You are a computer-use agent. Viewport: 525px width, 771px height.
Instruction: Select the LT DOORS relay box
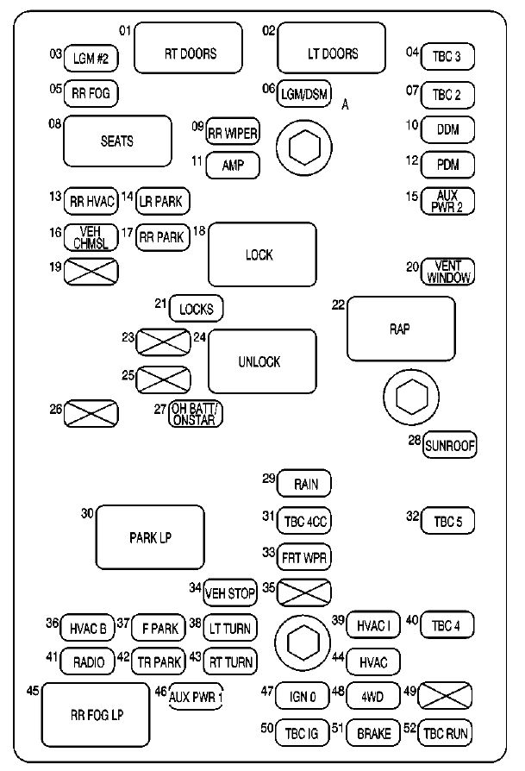pos(331,53)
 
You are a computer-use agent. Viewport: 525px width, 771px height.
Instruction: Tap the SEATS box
pos(116,141)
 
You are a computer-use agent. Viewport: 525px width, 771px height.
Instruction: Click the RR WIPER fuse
pos(233,133)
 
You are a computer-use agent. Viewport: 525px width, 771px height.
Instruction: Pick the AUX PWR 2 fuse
pos(447,201)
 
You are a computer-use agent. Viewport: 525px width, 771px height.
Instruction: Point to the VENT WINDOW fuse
pos(447,271)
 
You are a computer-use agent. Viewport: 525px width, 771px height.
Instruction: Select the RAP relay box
pos(401,329)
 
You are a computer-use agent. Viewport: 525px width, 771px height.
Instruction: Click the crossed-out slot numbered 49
pos(447,693)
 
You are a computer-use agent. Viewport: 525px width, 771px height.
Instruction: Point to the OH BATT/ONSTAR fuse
pos(195,414)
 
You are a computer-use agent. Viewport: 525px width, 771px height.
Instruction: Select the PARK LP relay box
pos(150,537)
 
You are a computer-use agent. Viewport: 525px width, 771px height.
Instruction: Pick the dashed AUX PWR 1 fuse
pos(196,695)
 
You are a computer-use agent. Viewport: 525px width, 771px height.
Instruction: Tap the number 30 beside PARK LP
pos(87,512)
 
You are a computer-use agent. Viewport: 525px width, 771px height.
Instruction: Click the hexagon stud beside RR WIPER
pos(303,148)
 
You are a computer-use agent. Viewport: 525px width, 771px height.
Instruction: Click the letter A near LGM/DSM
pos(345,104)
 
